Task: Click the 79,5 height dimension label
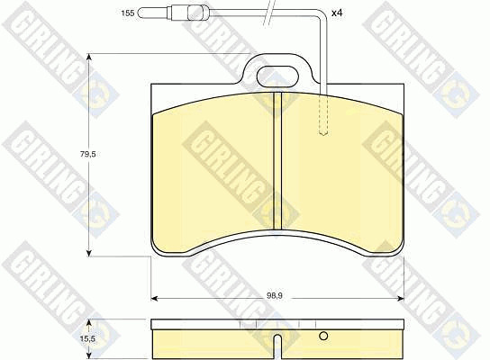click(87, 154)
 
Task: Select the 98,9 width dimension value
click(275, 296)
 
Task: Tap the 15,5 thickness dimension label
click(87, 338)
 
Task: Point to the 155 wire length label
click(128, 13)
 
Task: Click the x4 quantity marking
click(337, 13)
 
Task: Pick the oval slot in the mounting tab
click(277, 76)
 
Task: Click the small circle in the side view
click(323, 336)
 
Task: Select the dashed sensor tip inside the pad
click(323, 114)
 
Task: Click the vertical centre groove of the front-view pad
click(277, 161)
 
